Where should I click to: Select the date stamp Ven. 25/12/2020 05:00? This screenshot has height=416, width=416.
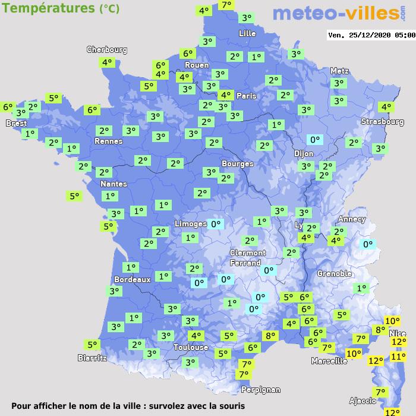pyautogui.click(x=371, y=35)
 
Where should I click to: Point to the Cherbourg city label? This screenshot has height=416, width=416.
pyautogui.click(x=107, y=50)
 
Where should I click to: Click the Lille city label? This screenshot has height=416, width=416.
pyautogui.click(x=247, y=33)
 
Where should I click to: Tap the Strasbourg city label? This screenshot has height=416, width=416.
pyautogui.click(x=382, y=122)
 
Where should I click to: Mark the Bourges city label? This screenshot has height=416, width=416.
pyautogui.click(x=237, y=163)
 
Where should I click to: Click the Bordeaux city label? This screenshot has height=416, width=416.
pyautogui.click(x=132, y=279)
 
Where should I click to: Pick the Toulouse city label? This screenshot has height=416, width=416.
pyautogui.click(x=191, y=347)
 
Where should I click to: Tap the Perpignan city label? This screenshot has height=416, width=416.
pyautogui.click(x=260, y=390)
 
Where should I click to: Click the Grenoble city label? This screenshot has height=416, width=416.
pyautogui.click(x=335, y=273)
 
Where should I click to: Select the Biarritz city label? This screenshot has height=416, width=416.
pyautogui.click(x=92, y=358)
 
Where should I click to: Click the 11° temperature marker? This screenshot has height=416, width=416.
pyautogui.click(x=398, y=357)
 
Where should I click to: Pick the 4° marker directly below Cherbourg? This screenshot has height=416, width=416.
pyautogui.click(x=107, y=62)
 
